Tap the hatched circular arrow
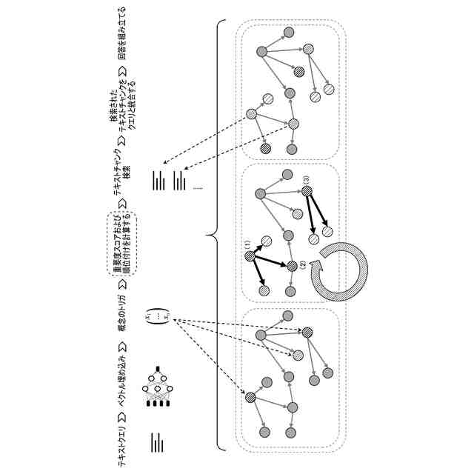coord(341,270)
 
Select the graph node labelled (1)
coord(249,256)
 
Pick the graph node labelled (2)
coord(292,266)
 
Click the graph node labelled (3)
coord(306,192)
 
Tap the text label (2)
coord(303,266)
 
